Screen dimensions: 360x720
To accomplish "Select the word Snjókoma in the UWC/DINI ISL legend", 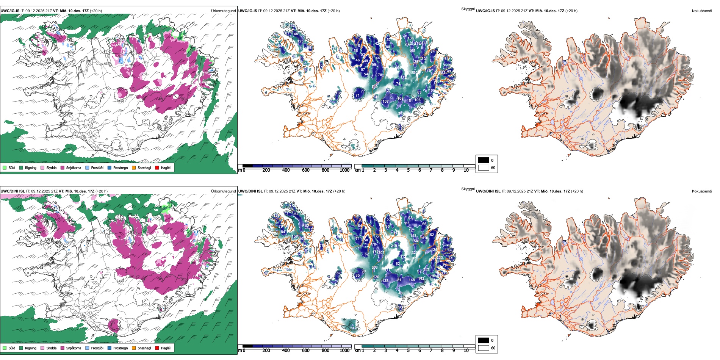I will [x=74, y=348].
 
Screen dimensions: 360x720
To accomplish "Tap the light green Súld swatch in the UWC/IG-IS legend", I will [x=5, y=167].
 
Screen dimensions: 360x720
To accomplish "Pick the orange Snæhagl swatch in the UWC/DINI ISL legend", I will [x=134, y=348].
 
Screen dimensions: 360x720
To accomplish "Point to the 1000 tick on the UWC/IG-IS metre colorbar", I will [x=344, y=170].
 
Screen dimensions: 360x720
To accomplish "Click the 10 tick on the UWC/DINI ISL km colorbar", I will [x=466, y=351].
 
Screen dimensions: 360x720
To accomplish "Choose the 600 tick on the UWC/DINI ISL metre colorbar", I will [x=305, y=351].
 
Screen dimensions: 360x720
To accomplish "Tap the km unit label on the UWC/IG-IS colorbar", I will [x=357, y=170].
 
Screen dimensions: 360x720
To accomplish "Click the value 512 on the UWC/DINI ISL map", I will [x=353, y=328].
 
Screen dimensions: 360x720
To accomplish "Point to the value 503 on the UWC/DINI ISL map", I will [x=374, y=268].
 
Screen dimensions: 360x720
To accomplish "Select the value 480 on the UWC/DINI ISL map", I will [x=401, y=293].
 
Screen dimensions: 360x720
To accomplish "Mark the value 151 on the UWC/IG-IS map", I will [x=410, y=100].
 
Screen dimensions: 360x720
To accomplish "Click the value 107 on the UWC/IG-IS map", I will [x=385, y=102].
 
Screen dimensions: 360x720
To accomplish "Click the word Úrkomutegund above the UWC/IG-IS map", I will [x=223, y=11].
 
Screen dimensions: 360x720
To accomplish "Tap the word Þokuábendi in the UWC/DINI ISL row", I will [x=702, y=191].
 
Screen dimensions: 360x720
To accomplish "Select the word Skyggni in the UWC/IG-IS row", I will [x=468, y=9].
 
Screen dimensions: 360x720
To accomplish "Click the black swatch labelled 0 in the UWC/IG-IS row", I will [x=484, y=160].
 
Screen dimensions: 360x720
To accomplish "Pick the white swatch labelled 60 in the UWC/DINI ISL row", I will [x=484, y=348].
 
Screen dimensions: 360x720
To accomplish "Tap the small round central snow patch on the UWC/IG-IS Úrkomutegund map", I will [x=122, y=92].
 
